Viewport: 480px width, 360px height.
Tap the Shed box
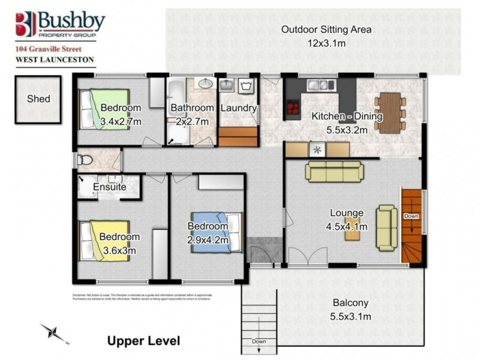38,99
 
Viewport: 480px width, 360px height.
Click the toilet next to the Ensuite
85,160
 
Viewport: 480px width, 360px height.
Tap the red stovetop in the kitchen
293,108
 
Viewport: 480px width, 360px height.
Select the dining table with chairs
391,112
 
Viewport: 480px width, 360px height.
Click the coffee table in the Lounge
352,232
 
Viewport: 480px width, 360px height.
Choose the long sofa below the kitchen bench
333,171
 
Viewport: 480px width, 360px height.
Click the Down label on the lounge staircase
411,216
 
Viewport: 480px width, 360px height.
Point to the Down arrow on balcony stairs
258,336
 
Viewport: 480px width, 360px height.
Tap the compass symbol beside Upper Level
53,332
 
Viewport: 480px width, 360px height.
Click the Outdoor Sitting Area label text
326,29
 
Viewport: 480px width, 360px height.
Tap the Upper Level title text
143,341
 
